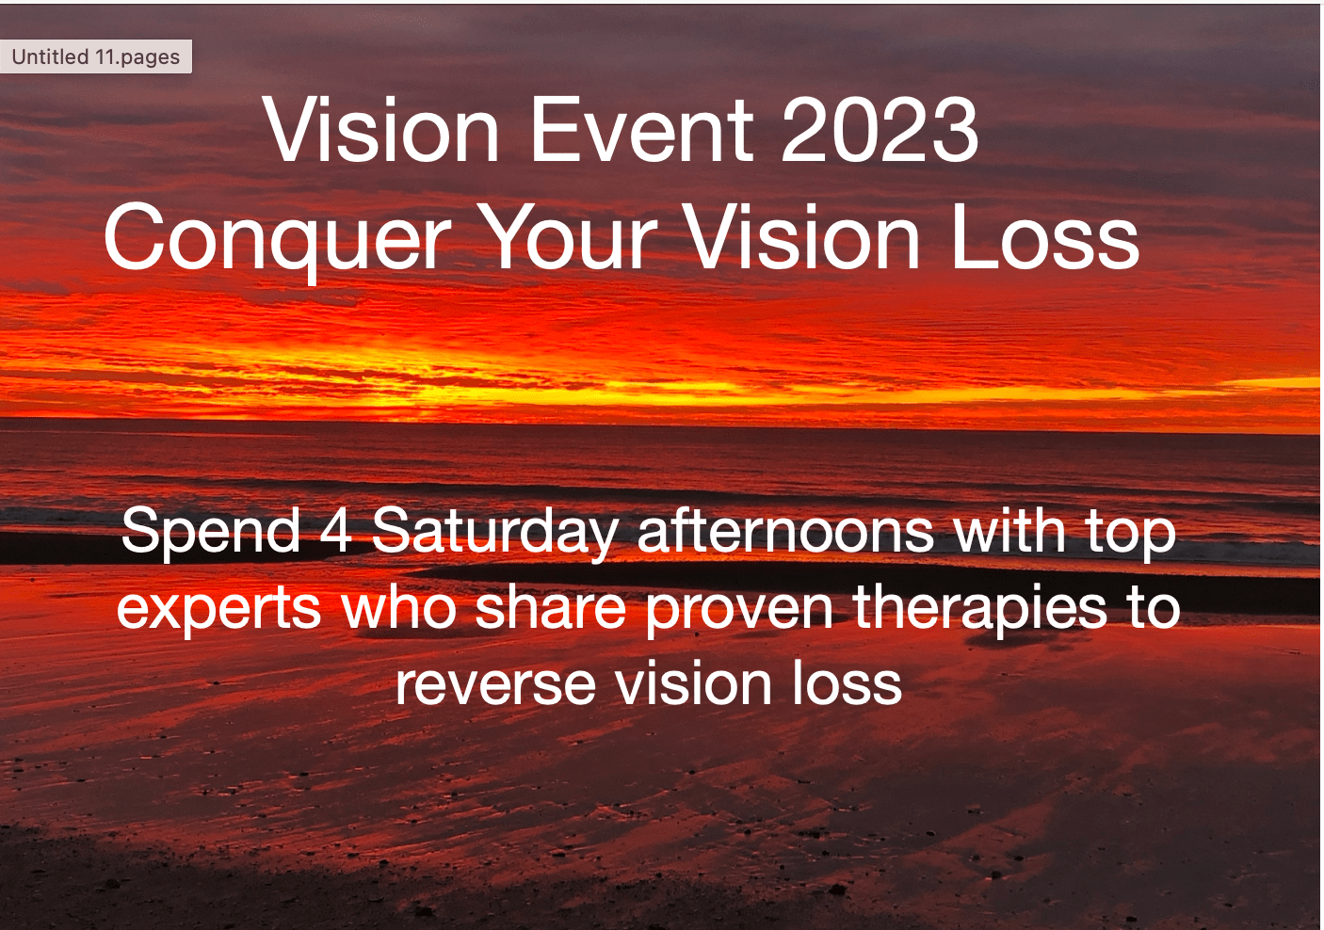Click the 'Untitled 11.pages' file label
coord(96,57)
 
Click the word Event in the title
coord(642,129)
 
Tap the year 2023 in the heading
coord(880,129)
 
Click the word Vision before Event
coord(381,129)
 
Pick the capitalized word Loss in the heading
coord(1044,236)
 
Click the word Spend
coord(210,533)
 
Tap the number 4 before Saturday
coord(336,531)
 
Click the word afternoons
coord(786,531)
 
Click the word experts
coord(218,610)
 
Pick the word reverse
coord(495,685)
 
